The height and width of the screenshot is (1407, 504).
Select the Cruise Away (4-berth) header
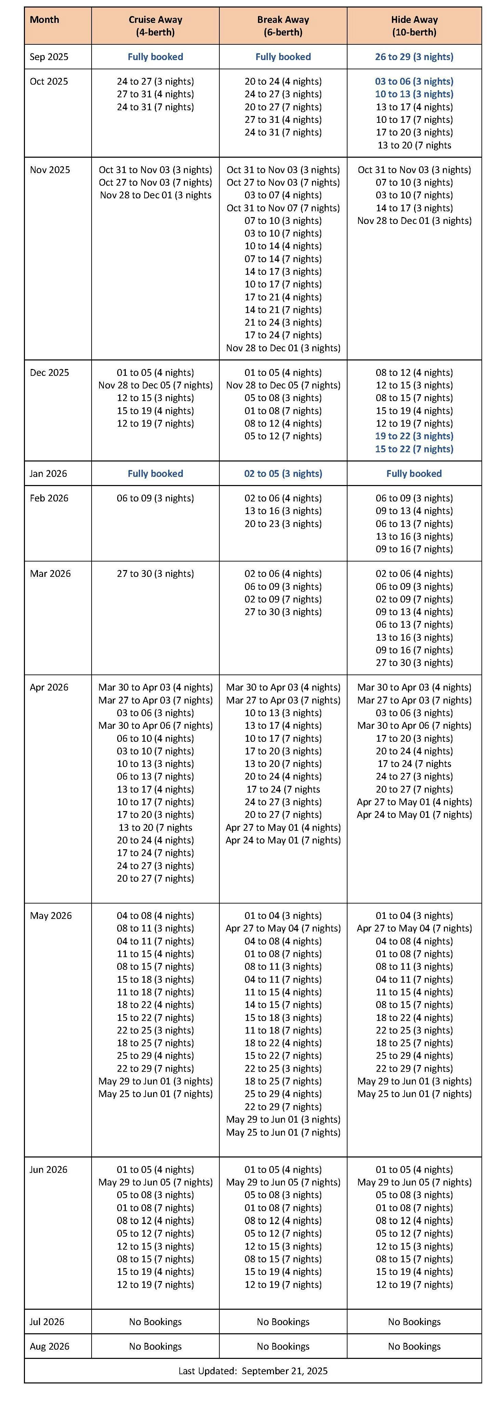pos(155,26)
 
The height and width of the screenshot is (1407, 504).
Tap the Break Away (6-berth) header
pos(283,26)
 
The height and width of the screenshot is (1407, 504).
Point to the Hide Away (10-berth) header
pos(414,26)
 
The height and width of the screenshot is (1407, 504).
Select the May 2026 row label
pos(51,915)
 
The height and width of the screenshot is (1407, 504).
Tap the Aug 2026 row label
pos(50,1346)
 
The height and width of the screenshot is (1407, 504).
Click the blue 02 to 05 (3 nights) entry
pos(283,473)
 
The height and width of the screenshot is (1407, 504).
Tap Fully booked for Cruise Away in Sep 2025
pos(155,57)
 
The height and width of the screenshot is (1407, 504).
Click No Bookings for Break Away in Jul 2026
pos(283,1322)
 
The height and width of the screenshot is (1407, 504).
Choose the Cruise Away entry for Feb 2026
pos(155,498)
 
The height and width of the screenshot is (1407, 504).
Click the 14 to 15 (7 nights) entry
pos(283,1005)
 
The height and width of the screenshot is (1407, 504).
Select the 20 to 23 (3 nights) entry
pos(283,524)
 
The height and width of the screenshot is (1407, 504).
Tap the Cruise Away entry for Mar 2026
pos(155,573)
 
